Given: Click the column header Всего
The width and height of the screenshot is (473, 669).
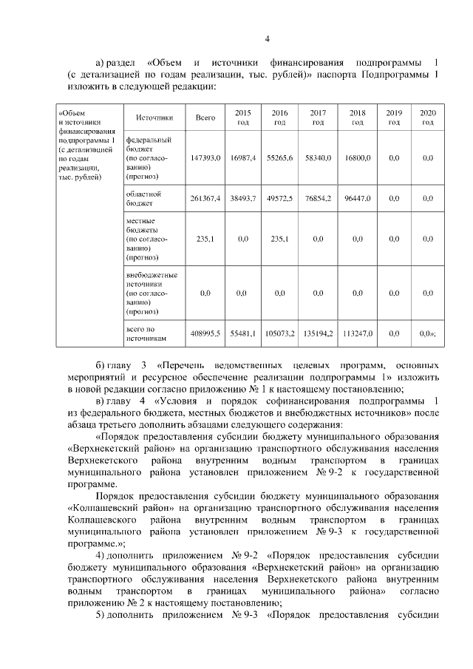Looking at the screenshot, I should pos(205,118).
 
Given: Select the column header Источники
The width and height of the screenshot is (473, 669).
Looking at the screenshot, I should pos(154,118).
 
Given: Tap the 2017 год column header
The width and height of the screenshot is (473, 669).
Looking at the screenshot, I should pos(318,118).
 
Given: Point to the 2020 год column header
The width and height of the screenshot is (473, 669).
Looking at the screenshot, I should pos(427,118).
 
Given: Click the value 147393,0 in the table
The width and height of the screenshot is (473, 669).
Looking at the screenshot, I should pos(205,158).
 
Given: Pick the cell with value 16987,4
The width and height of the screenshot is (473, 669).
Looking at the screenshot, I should pos(242,158).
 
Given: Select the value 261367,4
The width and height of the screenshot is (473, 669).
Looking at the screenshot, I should pos(205,199).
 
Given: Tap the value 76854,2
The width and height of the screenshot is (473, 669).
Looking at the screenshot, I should pos(318,199).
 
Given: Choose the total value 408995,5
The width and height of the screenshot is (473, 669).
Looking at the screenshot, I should pos(205,333).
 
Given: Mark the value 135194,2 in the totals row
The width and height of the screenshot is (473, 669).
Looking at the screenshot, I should pos(318,333).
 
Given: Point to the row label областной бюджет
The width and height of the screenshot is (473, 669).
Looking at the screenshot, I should pos(143,198).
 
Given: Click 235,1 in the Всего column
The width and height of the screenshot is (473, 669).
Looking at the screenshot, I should pos(205,239).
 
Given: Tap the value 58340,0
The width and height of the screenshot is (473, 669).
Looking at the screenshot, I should pos(318,158).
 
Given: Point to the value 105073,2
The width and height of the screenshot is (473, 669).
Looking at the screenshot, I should pos(279,333).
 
